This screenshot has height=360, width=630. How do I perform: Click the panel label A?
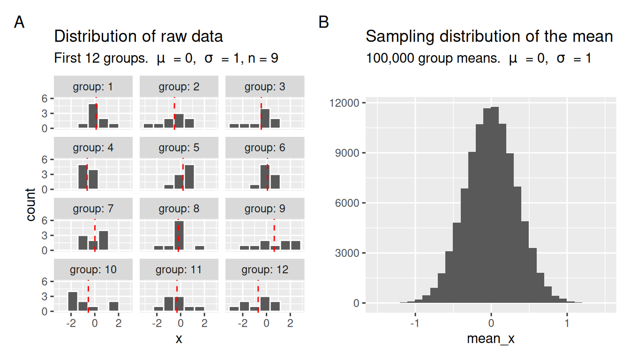pyautogui.click(x=19, y=22)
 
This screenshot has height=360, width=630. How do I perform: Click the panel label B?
pyautogui.click(x=323, y=22)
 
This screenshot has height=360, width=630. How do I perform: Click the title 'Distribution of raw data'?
pyautogui.click(x=138, y=36)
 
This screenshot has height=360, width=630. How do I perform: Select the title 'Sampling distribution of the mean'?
pyautogui.click(x=489, y=36)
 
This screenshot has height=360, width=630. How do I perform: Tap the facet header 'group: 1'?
pyautogui.click(x=93, y=87)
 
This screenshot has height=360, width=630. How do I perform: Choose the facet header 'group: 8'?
pyautogui.click(x=179, y=209)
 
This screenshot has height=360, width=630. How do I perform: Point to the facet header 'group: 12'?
pyautogui.click(x=265, y=270)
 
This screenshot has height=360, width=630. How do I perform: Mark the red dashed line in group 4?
pyautogui.click(x=87, y=174)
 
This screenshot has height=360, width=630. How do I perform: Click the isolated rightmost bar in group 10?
pyautogui.click(x=113, y=306)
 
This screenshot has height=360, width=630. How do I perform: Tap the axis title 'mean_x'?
pyautogui.click(x=491, y=338)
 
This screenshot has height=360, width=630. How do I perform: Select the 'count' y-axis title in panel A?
pyautogui.click(x=31, y=204)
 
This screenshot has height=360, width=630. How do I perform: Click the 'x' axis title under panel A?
pyautogui.click(x=179, y=338)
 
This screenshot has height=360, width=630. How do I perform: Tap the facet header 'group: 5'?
pyautogui.click(x=179, y=148)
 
